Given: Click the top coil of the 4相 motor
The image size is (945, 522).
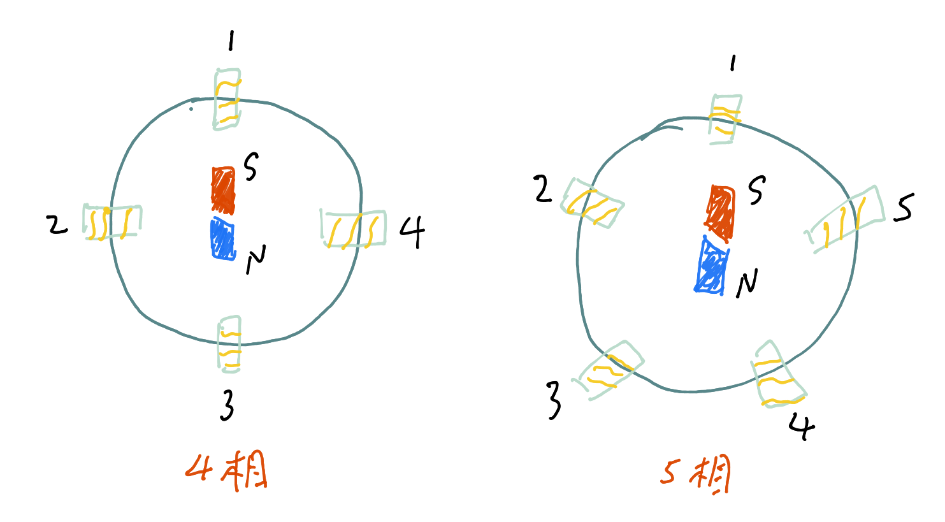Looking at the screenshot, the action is [x=227, y=99].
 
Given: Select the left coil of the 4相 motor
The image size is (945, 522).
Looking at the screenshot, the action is [x=112, y=222].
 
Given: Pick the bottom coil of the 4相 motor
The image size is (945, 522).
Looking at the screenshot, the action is [x=229, y=344].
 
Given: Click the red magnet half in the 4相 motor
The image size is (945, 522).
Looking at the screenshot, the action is [x=223, y=190].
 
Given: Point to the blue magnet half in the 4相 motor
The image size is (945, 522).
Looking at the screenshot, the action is [x=223, y=240].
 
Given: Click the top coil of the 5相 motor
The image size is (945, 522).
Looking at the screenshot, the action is [x=725, y=119].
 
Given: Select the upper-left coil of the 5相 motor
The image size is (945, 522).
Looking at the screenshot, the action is [x=592, y=203].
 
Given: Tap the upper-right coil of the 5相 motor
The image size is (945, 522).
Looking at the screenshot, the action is [x=846, y=219].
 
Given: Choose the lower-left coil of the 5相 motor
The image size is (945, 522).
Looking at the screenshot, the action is [x=608, y=370].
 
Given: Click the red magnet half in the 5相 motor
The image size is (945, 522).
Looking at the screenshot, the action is [x=721, y=214].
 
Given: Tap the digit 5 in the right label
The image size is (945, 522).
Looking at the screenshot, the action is [x=670, y=472].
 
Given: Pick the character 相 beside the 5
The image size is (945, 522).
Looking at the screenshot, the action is [x=711, y=475].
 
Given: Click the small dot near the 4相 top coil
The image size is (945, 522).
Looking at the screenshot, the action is [x=191, y=109].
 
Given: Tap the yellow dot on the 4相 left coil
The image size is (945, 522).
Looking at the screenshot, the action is [x=107, y=211].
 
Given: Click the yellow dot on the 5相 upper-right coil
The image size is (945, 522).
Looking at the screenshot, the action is [x=826, y=226].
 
